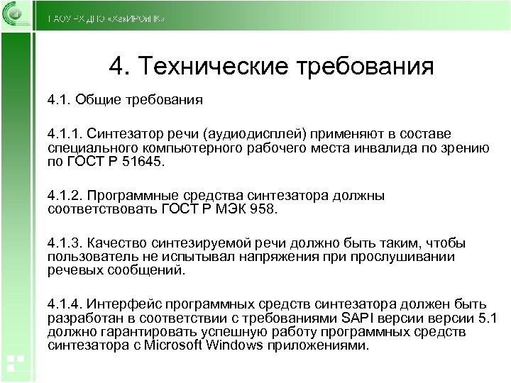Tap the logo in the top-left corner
(16, 15)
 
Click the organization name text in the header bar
(106, 18)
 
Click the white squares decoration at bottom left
(15, 362)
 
